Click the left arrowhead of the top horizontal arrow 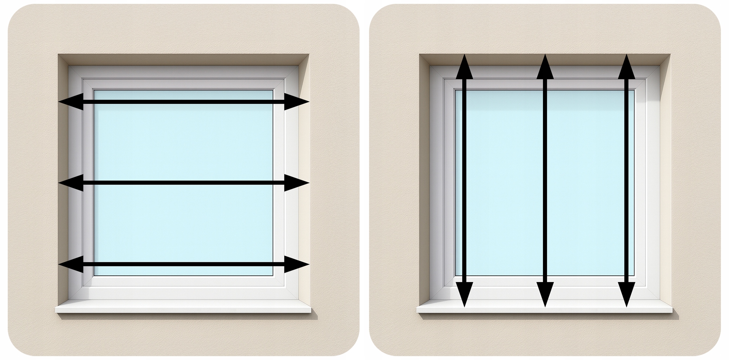click(x=70, y=102)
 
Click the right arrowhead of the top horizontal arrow click(x=297, y=102)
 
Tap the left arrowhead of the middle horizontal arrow click(x=70, y=183)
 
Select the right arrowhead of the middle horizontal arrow click(x=297, y=183)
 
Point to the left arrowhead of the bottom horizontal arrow click(x=70, y=264)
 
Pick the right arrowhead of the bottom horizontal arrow click(x=297, y=264)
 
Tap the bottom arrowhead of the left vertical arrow click(x=464, y=295)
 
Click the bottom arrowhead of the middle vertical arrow click(x=545, y=295)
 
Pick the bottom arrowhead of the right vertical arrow click(x=626, y=295)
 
